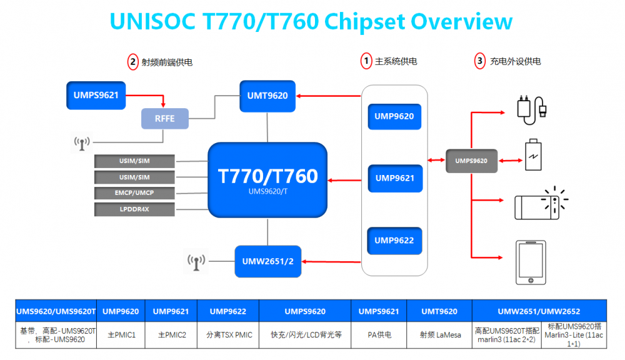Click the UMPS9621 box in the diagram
pos(96,96)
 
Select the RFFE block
pos(164,117)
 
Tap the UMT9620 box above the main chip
pos(267,96)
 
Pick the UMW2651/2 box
pos(267,261)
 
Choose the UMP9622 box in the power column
pos(394,241)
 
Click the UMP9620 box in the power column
pos(394,116)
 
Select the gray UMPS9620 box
pos(471,161)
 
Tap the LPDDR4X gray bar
pos(134,209)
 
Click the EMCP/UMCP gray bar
pos(134,193)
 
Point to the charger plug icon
pos(532,107)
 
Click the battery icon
pos(533,154)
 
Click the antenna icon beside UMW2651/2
pos(196,261)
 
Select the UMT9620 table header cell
pos(439,311)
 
